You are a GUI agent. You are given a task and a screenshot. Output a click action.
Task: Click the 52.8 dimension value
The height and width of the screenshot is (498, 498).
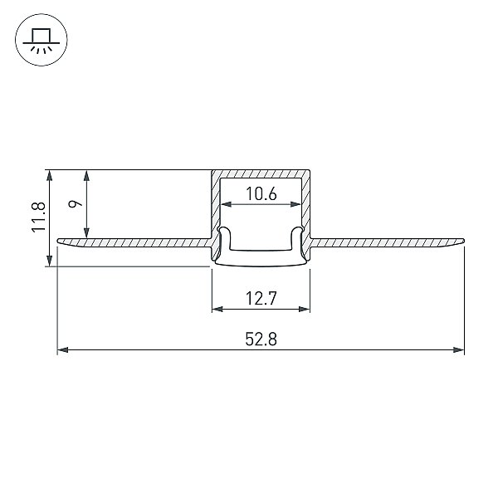(x=261, y=339)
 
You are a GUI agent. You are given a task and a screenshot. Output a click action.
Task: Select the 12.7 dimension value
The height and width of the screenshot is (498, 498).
(x=261, y=298)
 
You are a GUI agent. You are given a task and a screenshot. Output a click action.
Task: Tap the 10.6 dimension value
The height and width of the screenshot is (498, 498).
(x=261, y=193)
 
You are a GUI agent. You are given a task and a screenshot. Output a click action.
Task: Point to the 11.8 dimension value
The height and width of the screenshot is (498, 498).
(x=39, y=217)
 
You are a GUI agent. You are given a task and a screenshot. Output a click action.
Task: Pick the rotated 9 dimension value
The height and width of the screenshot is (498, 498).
(x=76, y=203)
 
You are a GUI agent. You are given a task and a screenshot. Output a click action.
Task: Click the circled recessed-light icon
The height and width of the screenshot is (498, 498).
(x=41, y=40)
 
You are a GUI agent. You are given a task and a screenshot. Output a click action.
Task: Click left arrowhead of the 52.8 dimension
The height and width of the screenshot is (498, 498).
(x=62, y=350)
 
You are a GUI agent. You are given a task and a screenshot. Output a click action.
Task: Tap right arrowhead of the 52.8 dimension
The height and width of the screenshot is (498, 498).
(x=459, y=350)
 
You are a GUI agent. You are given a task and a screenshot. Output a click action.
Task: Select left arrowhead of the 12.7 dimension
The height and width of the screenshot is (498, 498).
(x=217, y=309)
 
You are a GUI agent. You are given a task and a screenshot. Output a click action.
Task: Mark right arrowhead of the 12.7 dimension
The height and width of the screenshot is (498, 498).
(x=305, y=309)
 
